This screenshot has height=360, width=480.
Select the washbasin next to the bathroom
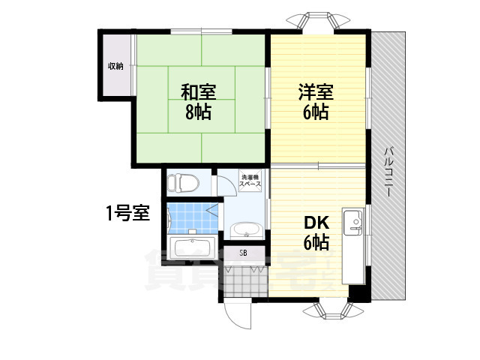[245, 229]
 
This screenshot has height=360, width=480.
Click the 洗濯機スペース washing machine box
[250, 182]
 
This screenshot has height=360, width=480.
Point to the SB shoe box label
[243, 253]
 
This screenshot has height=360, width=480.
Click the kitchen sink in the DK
[353, 222]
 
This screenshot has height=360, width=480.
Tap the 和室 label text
[199, 93]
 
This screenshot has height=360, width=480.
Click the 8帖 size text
[199, 113]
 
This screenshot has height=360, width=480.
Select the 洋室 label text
[315, 93]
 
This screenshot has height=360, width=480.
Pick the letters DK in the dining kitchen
[315, 223]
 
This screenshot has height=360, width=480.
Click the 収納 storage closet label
[115, 66]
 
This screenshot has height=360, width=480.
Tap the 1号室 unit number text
[127, 213]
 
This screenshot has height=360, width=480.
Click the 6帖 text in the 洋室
[315, 113]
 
